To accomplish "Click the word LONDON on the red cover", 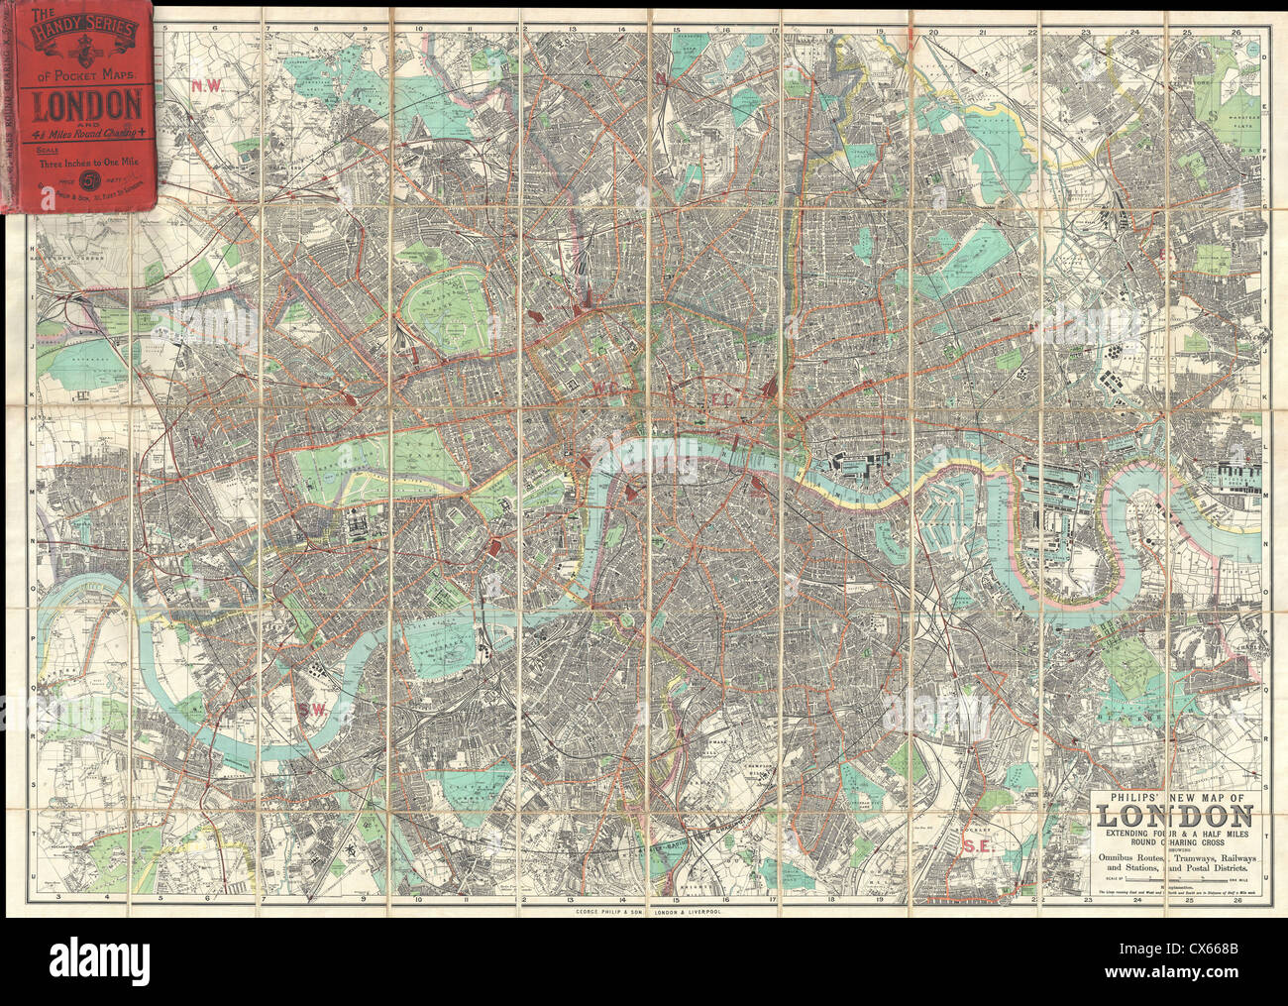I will click(x=88, y=102).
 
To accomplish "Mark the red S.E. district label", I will click(x=978, y=845).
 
